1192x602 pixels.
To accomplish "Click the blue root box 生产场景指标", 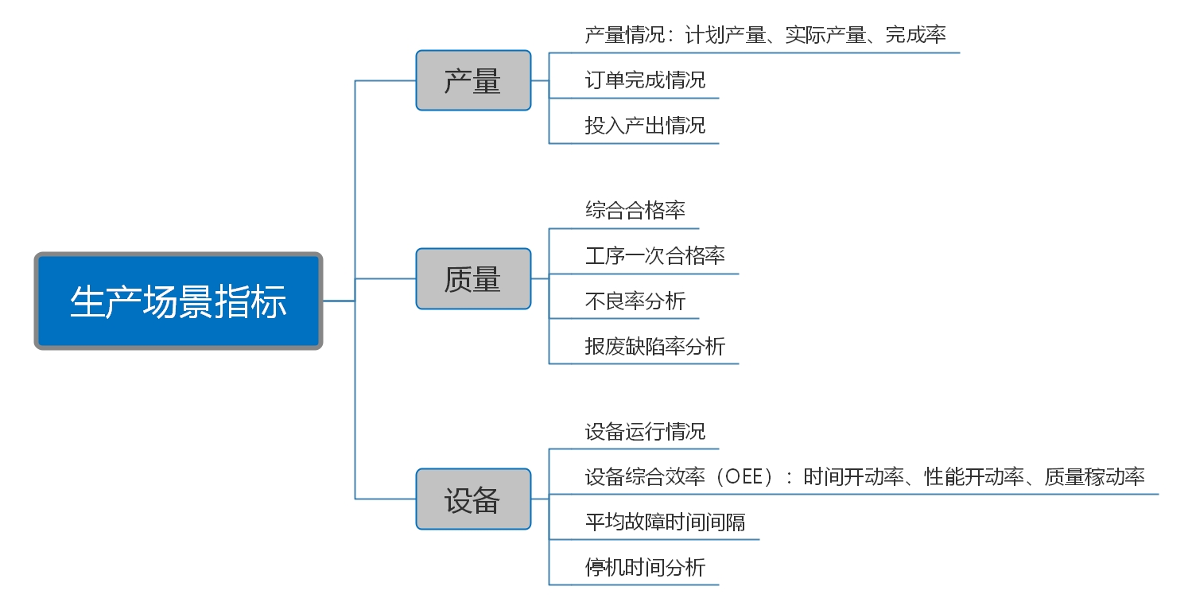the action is pyautogui.click(x=178, y=301).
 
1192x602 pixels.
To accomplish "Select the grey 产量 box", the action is pyautogui.click(x=473, y=80).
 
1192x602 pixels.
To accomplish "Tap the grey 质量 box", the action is pyautogui.click(x=473, y=278).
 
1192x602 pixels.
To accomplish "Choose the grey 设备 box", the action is pyautogui.click(x=473, y=499).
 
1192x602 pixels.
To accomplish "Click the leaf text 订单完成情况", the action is pyautogui.click(x=645, y=80).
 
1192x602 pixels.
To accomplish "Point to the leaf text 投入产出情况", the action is pyautogui.click(x=645, y=125).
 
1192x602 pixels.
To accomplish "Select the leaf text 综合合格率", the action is pyautogui.click(x=635, y=210).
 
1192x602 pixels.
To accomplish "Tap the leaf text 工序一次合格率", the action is pyautogui.click(x=655, y=255).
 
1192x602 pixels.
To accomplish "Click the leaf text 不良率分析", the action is pyautogui.click(x=635, y=301).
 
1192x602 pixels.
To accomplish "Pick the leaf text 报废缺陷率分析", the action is pyautogui.click(x=655, y=346).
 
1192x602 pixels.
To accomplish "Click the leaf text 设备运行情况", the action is pyautogui.click(x=645, y=431).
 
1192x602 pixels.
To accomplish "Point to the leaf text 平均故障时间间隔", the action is pyautogui.click(x=665, y=522).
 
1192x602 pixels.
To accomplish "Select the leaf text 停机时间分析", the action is pyautogui.click(x=645, y=567).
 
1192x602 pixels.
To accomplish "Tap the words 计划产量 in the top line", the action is pyautogui.click(x=725, y=35).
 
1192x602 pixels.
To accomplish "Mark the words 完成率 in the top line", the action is pyautogui.click(x=916, y=35).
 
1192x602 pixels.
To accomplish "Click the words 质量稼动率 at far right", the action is pyautogui.click(x=1095, y=476).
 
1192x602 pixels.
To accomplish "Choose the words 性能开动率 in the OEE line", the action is pyautogui.click(x=974, y=476).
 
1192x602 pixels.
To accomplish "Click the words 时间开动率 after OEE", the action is pyautogui.click(x=853, y=476).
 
